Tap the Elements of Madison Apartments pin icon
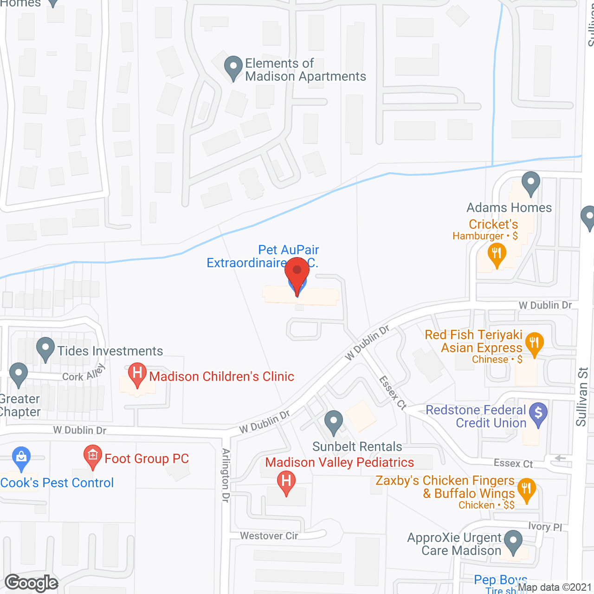pos(233,67)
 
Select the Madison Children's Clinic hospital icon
pos(137,374)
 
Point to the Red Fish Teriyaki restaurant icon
pos(534,344)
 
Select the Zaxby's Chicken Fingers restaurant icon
pos(526,489)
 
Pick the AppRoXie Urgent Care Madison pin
pos(513,541)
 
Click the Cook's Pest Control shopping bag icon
pos(21,458)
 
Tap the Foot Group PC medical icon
pos(92,456)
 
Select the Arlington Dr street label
pos(226,475)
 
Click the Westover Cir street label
pos(269,536)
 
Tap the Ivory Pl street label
pos(545,526)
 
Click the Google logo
pos(32,583)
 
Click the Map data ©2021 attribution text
pos(555,588)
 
